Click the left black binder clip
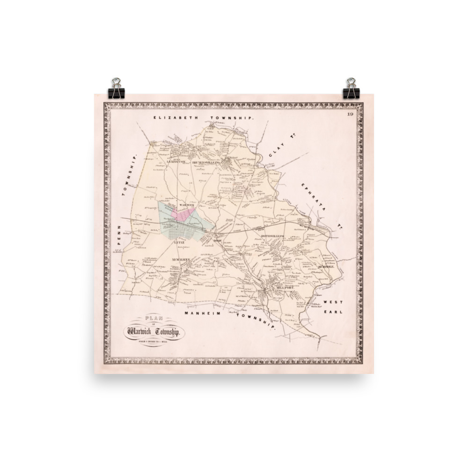pos(115,88)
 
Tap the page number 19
pos(350,115)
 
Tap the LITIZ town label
pos(179,243)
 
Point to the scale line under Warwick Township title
pos(155,341)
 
